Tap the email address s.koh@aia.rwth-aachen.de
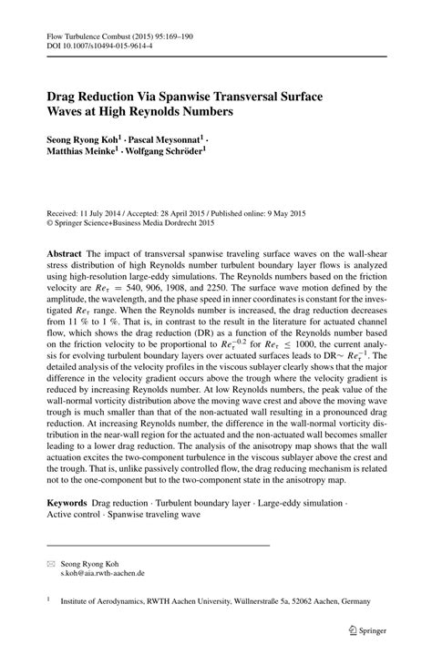point(102,576)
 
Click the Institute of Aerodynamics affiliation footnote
point(219,602)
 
